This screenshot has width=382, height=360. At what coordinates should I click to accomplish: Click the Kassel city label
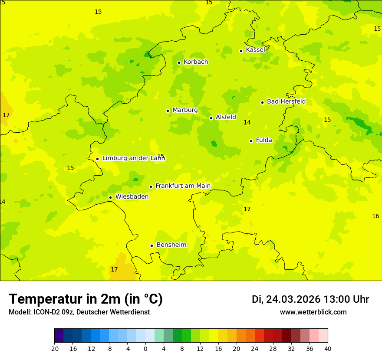pos(255,50)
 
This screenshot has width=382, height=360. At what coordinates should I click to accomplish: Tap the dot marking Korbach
pos(179,62)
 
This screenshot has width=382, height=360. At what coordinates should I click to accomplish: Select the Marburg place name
pos(185,110)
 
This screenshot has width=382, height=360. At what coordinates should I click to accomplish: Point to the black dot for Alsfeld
pos(211,118)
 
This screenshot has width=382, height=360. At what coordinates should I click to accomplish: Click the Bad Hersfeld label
pos(286,101)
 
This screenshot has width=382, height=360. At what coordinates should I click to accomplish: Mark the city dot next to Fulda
pos(251,141)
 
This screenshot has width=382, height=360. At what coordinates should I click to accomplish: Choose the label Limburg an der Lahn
pos(133,158)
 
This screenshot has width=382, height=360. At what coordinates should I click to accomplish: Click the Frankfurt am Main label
pos(183,186)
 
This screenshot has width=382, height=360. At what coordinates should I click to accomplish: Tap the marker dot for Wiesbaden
pos(110,198)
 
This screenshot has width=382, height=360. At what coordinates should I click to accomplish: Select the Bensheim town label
pos(171,245)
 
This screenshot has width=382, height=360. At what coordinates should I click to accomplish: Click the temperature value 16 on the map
pos(375,216)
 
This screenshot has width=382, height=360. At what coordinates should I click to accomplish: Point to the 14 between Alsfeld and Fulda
pos(247,123)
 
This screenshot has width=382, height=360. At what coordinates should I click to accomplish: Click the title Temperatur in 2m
pos(86,299)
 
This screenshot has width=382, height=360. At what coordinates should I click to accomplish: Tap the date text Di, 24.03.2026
pos(286,299)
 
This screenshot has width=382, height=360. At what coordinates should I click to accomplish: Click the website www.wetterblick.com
pos(313,312)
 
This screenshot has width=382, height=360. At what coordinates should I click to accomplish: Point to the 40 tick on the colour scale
pos(328,348)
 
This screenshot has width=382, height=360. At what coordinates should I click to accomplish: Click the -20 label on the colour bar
pos(54,348)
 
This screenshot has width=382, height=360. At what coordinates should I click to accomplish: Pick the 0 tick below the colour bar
pos(145,348)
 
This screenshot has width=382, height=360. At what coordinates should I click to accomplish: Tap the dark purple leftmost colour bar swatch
pos(59,336)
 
